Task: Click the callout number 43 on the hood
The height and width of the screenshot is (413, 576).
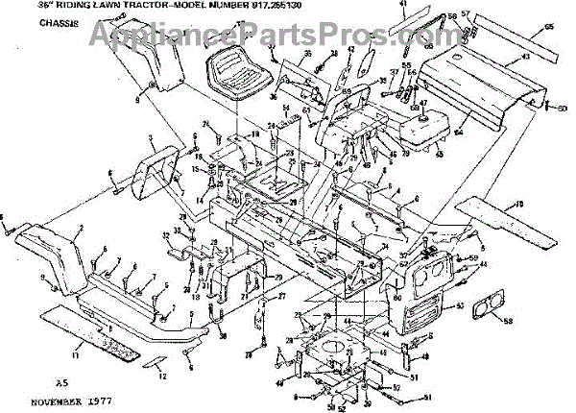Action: pyautogui.click(x=525, y=58)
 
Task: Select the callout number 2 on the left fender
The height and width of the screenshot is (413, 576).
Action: pyautogui.click(x=83, y=229)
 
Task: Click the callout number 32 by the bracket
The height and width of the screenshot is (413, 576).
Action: pyautogui.click(x=165, y=235)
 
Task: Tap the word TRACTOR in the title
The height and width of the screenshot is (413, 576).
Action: pyautogui.click(x=117, y=5)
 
